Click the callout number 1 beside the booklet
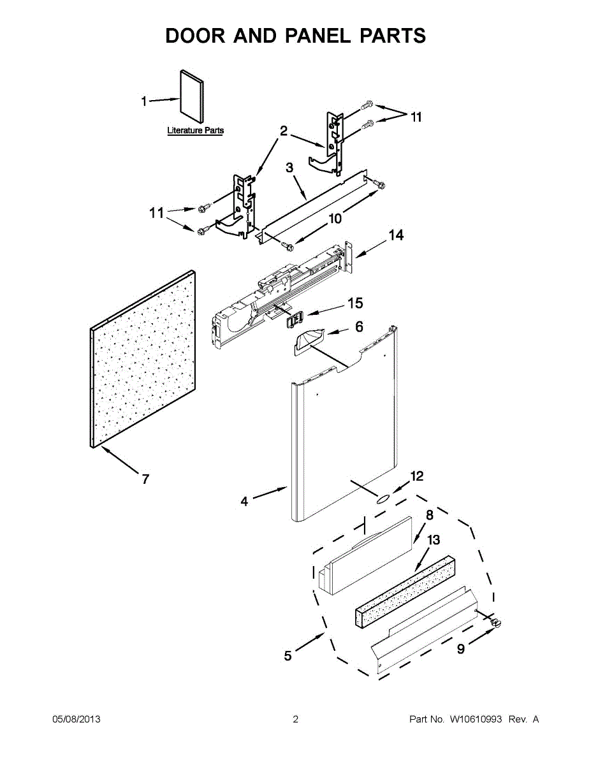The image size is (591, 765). click(144, 101)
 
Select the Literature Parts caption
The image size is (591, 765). click(195, 131)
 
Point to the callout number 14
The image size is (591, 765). click(396, 236)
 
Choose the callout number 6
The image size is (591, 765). click(359, 327)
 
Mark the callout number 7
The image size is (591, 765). click(145, 479)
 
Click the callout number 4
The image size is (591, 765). click(244, 502)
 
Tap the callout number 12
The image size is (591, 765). click(417, 476)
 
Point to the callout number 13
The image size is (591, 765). click(433, 541)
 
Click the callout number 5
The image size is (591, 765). click(288, 655)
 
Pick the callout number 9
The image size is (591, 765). click(460, 648)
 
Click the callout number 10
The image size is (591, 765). click(335, 219)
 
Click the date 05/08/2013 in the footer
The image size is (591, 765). click(76, 720)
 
